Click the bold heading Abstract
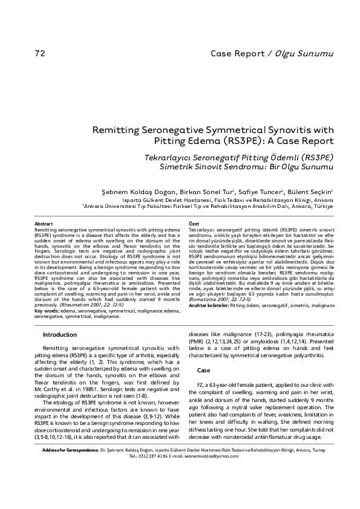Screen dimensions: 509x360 [x=44, y=224]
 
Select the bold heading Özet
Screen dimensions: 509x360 [x=194, y=224]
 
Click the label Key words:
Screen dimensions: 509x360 [x=47, y=311]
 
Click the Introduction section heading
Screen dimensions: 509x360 [x=59, y=334]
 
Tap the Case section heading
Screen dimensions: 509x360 [x=204, y=370]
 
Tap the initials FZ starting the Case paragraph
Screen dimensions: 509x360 [x=201, y=384]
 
